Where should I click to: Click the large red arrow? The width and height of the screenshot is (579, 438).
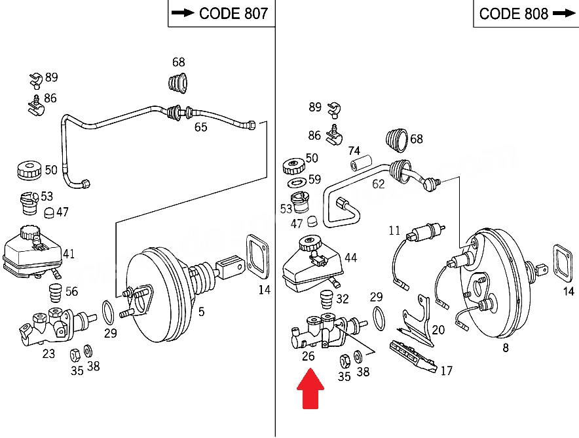310,389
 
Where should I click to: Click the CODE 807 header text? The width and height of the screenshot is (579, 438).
233,14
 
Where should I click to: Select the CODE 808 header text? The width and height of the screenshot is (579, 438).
514,14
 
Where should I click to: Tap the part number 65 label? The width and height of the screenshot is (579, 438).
201,127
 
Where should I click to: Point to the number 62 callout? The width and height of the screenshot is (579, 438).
379,184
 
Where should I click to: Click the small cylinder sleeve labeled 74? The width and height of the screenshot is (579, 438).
361,163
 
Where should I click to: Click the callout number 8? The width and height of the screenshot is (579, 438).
506,348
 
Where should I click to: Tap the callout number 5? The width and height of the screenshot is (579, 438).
201,312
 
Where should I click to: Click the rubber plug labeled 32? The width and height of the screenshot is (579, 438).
326,300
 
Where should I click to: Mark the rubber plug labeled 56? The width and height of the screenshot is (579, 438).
56,293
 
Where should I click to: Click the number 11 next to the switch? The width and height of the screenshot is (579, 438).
394,231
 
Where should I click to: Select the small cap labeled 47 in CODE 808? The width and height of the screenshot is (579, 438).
312,221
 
